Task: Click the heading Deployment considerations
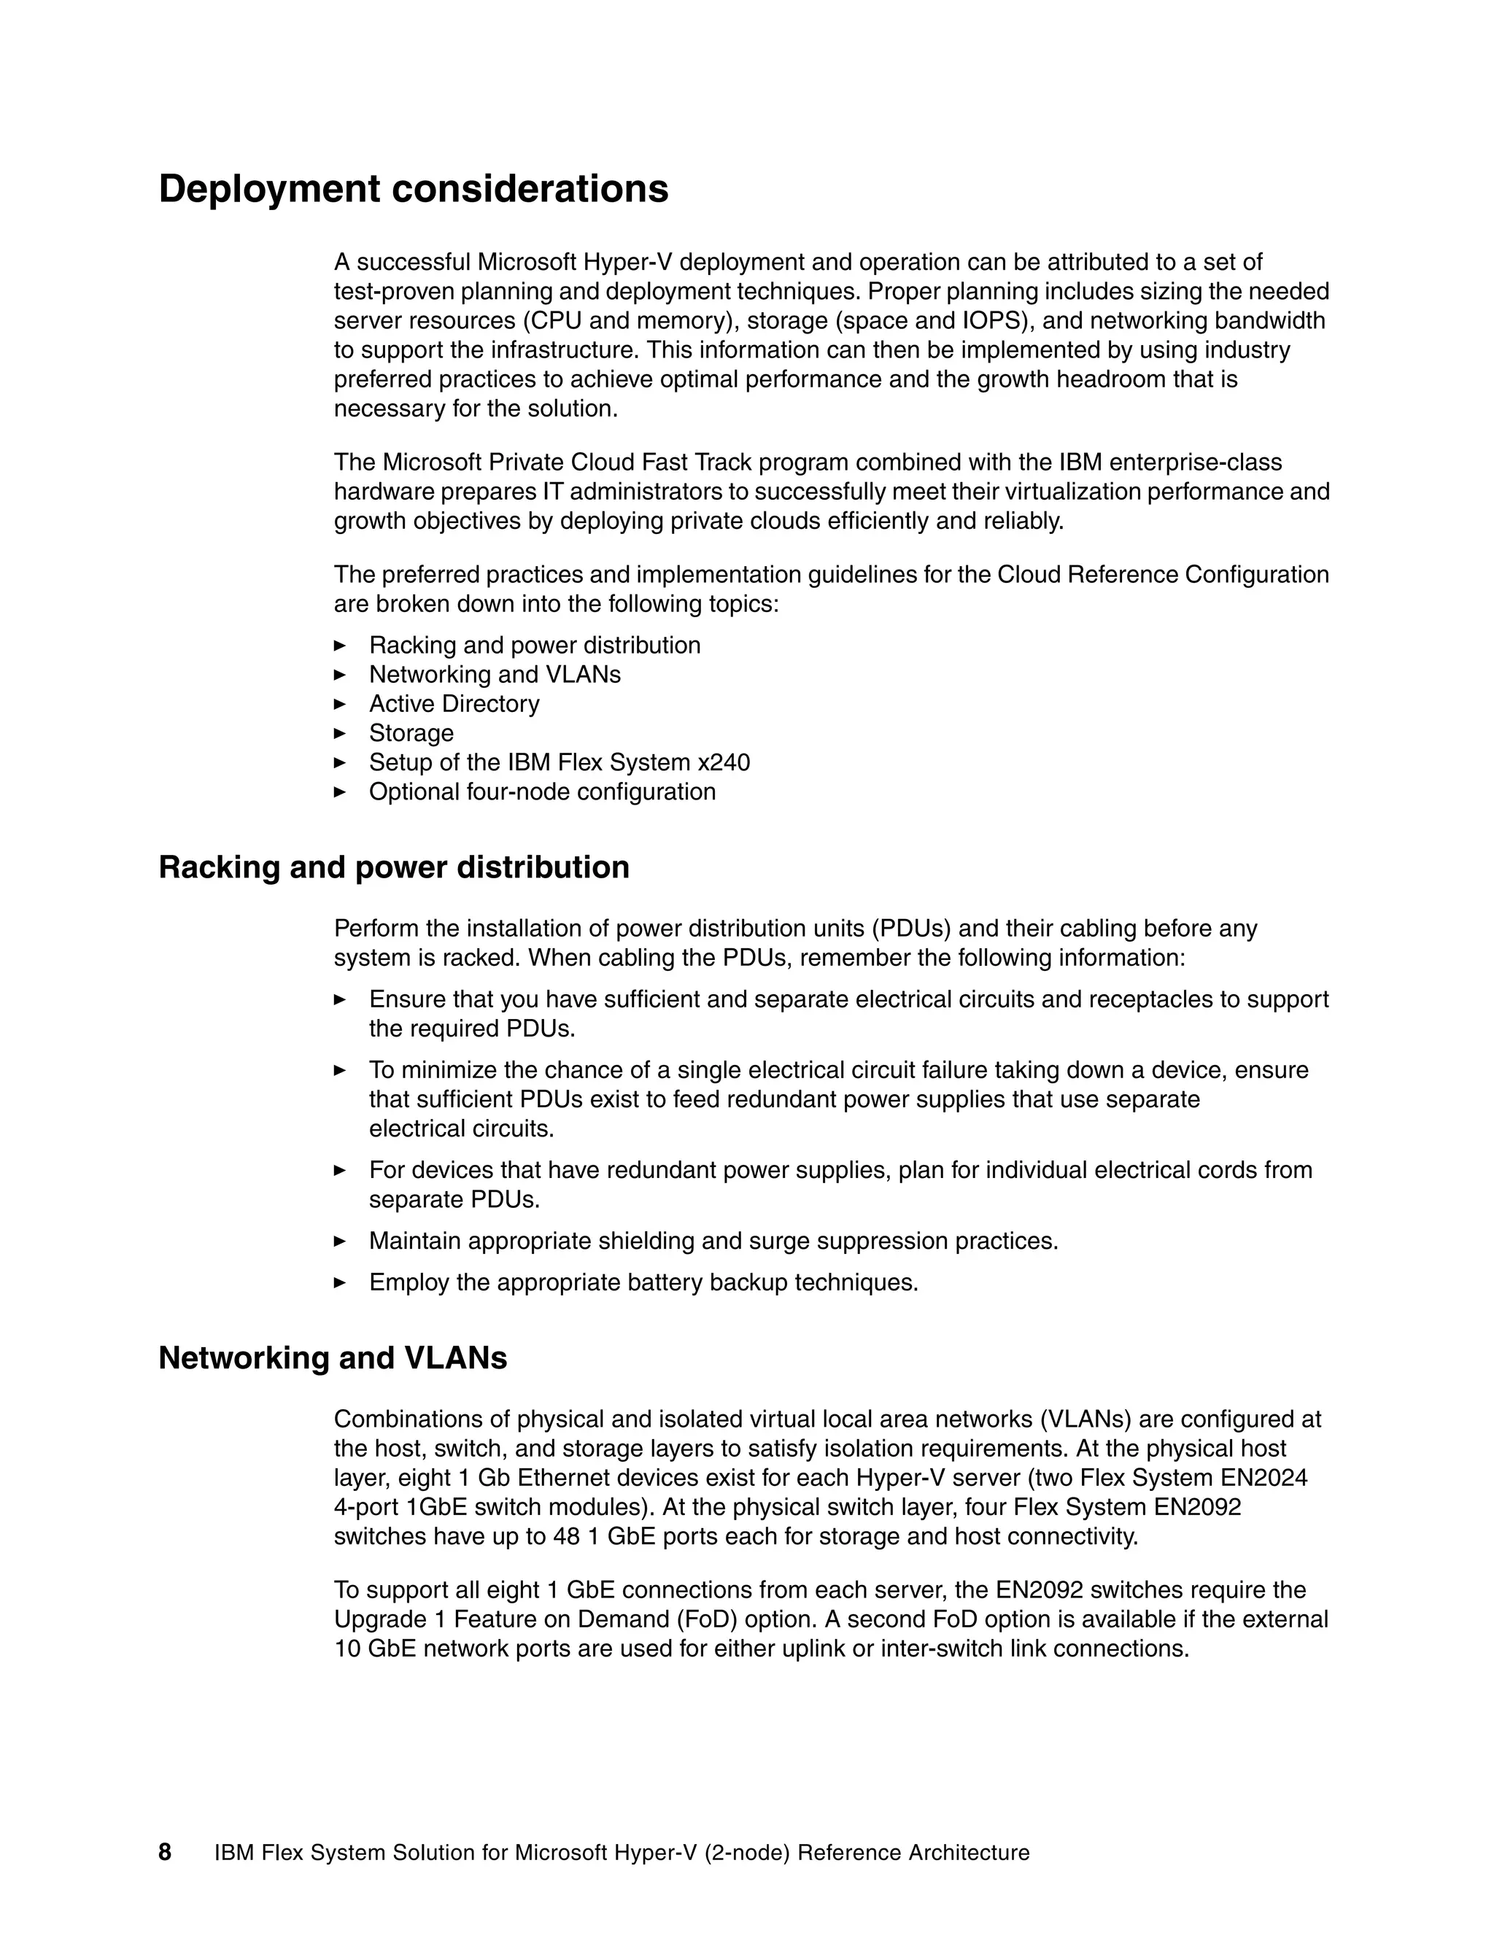(x=414, y=190)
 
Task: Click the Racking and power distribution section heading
(x=394, y=867)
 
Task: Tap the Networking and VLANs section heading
(x=333, y=1357)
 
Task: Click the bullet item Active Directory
(x=454, y=704)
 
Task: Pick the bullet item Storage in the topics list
(x=411, y=733)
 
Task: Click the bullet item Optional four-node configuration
(x=542, y=791)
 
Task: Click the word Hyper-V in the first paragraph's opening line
(x=630, y=262)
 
